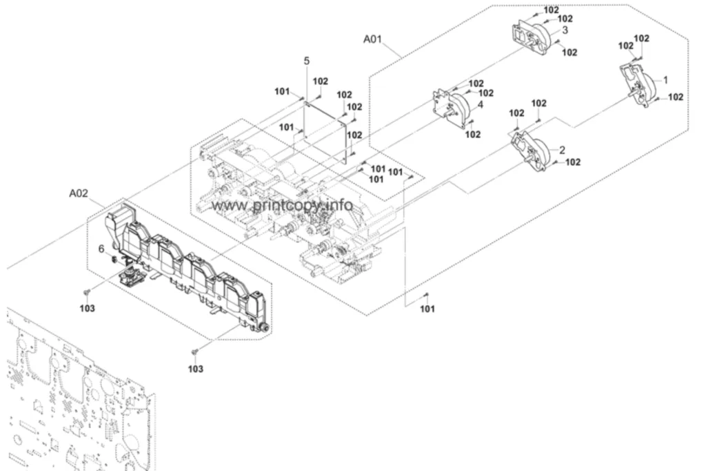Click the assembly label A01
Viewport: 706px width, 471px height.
[372, 39]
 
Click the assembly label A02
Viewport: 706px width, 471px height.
[79, 193]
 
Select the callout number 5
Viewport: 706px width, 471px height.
[307, 61]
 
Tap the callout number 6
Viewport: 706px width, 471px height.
[101, 249]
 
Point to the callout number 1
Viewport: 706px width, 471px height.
[666, 80]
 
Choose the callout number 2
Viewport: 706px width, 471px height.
[562, 150]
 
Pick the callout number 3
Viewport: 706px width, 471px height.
[565, 30]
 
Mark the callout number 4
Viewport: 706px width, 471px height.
[481, 105]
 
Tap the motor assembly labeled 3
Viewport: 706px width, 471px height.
[534, 32]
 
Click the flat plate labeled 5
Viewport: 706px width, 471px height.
[325, 131]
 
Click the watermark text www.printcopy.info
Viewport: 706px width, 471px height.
[282, 206]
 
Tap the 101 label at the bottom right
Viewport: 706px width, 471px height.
[427, 309]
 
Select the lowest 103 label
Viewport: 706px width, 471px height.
[195, 369]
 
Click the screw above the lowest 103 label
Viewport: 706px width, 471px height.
[195, 351]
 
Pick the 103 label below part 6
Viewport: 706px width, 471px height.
[88, 308]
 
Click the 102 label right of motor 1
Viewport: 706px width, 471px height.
[676, 97]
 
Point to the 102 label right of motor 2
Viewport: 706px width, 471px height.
[573, 162]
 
